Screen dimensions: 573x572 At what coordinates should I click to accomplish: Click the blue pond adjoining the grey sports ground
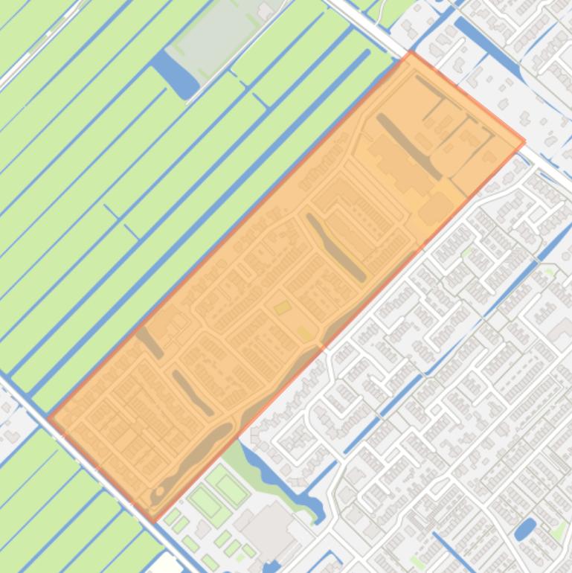[175, 74]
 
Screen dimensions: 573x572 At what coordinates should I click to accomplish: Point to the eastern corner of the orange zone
[524, 141]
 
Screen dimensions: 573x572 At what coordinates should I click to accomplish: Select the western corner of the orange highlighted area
[48, 417]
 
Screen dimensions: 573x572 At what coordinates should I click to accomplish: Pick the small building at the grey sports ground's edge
[264, 10]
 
